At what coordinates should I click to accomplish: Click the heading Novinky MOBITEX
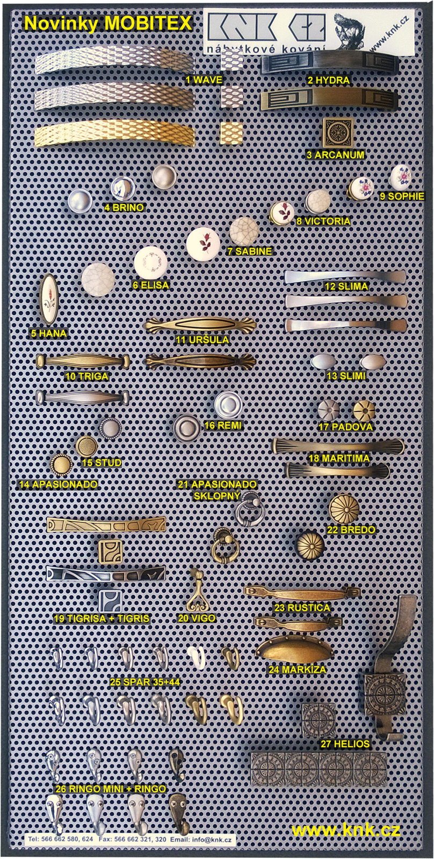tap(108, 24)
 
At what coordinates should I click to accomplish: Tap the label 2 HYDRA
tap(329, 81)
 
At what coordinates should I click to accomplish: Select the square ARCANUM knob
tap(337, 133)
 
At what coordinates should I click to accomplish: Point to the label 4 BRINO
tap(124, 207)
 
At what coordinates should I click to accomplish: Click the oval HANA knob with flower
tap(49, 299)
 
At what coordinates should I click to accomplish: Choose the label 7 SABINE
tap(249, 251)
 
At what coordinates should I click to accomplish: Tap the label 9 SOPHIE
tap(402, 196)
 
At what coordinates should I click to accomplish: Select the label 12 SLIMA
tap(346, 286)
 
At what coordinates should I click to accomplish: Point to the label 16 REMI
tap(222, 425)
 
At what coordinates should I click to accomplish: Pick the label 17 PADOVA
tap(345, 427)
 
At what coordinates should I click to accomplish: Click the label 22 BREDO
tap(351, 529)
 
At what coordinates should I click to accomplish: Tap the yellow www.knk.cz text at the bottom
tap(346, 830)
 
